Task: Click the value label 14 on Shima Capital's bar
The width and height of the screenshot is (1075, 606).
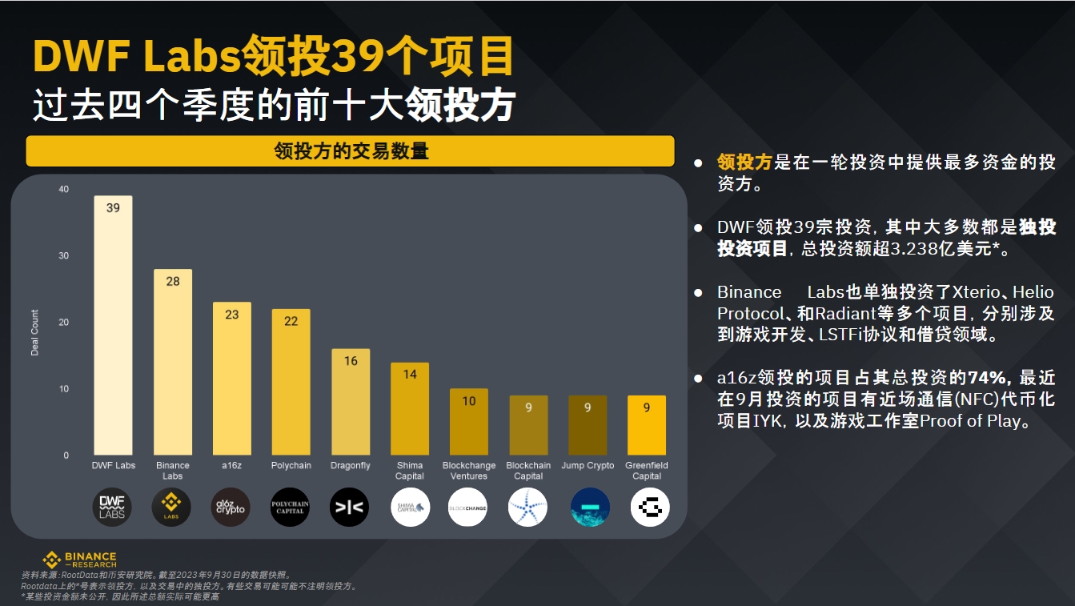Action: pyautogui.click(x=410, y=374)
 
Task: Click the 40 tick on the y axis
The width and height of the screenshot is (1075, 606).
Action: pyautogui.click(x=64, y=190)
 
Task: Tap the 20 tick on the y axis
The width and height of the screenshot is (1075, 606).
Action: pyautogui.click(x=64, y=323)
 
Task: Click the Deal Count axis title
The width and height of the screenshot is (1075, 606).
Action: pyautogui.click(x=35, y=332)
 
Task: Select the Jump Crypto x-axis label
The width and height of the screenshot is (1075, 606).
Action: pyautogui.click(x=588, y=466)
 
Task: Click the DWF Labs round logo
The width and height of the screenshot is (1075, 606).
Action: pyautogui.click(x=113, y=508)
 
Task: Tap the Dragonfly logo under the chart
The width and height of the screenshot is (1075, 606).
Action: pyautogui.click(x=350, y=508)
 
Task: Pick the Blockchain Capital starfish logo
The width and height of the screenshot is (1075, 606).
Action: pyautogui.click(x=528, y=508)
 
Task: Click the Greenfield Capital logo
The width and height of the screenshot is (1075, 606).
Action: pyautogui.click(x=650, y=508)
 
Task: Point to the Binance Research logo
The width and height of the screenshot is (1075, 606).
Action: pyautogui.click(x=79, y=560)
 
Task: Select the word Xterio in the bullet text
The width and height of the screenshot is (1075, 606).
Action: pyautogui.click(x=968, y=292)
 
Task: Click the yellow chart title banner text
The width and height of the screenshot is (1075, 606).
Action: pyautogui.click(x=351, y=151)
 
